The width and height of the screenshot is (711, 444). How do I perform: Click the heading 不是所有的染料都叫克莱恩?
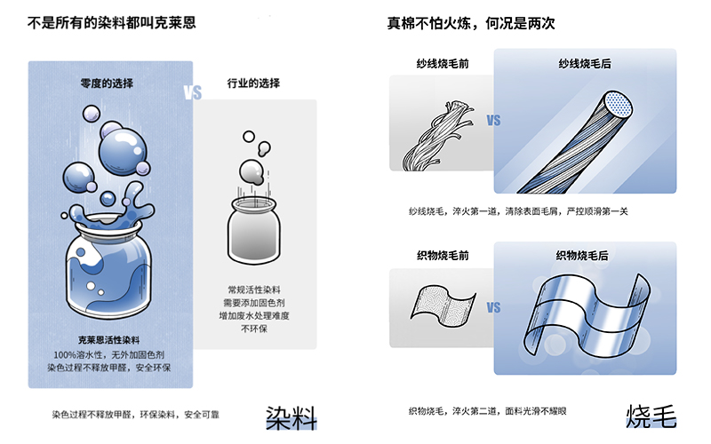[112, 23]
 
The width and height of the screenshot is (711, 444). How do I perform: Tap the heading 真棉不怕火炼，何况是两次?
[471, 23]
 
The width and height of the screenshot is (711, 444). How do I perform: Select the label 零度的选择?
[107, 83]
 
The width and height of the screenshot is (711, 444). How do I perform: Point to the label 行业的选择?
[253, 83]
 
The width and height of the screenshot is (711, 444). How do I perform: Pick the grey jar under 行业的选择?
[254, 231]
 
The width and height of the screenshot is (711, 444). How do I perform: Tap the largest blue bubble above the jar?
[123, 152]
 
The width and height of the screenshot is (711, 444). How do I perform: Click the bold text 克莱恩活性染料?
[108, 340]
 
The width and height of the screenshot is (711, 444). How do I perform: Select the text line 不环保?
[254, 329]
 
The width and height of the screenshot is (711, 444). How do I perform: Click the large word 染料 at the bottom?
[292, 417]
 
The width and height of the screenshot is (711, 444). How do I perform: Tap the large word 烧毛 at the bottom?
[651, 416]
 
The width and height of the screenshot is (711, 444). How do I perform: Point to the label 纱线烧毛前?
[443, 64]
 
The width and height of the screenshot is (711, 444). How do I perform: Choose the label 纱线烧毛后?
[585, 64]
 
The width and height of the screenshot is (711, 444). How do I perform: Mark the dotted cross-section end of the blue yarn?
[619, 106]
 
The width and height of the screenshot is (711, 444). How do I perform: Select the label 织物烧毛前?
[443, 256]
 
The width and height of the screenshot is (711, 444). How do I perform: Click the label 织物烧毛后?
[582, 256]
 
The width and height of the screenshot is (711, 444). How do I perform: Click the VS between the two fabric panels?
[494, 307]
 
